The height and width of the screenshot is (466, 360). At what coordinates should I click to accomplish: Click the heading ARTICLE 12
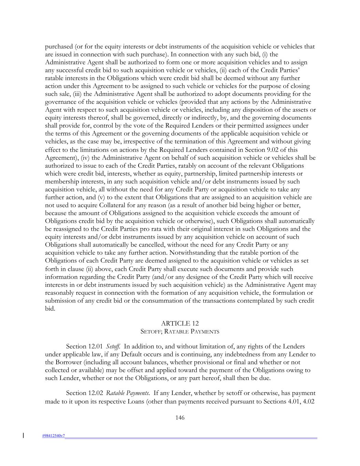point(180,323)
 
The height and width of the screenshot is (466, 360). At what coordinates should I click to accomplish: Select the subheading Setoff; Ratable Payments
point(180,331)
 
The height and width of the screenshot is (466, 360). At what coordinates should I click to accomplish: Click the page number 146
point(180,418)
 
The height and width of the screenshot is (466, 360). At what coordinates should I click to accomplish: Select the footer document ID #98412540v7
point(54,436)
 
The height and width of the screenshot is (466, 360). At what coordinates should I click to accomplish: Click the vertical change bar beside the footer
point(23,435)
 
